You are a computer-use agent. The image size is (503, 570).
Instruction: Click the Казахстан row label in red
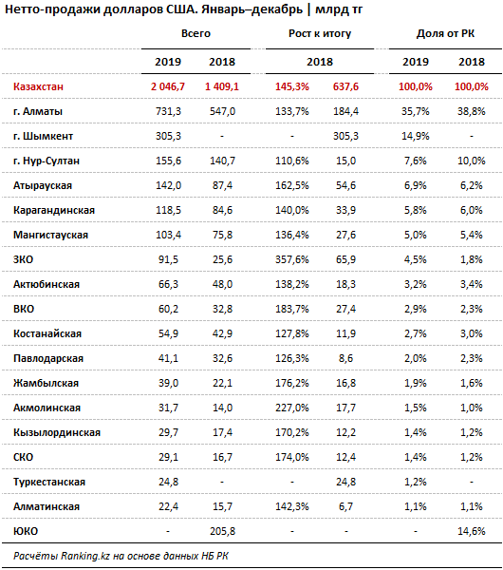point(38,86)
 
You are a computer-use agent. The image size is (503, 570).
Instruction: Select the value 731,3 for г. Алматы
point(168,111)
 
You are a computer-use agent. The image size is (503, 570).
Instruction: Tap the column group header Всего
point(196,33)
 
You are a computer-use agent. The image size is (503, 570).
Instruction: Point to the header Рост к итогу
point(320,33)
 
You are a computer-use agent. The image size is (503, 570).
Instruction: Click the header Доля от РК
point(445,33)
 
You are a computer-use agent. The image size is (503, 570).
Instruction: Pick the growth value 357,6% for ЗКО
point(292,259)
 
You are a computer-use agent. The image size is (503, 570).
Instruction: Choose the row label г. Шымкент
point(43,136)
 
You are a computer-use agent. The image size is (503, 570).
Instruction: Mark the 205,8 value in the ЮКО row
point(222,531)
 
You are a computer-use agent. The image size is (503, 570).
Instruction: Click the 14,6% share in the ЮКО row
point(472,531)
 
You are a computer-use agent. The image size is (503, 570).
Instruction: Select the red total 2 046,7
point(168,86)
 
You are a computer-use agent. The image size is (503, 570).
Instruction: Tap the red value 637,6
point(345,86)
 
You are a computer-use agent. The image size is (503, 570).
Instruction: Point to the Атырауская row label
point(43,185)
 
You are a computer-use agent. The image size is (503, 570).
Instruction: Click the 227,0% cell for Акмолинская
point(292,408)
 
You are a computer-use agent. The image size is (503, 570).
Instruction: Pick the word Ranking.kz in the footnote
point(85,556)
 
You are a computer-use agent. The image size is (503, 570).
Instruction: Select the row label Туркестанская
point(49,482)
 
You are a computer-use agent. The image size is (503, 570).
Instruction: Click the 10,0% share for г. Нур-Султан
point(472,161)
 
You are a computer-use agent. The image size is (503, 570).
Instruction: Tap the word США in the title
point(181,9)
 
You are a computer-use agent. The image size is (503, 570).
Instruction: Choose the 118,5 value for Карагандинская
point(168,210)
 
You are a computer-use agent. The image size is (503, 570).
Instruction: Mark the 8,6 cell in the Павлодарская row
point(345,358)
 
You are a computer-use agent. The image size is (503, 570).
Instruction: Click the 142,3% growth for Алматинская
point(292,506)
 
